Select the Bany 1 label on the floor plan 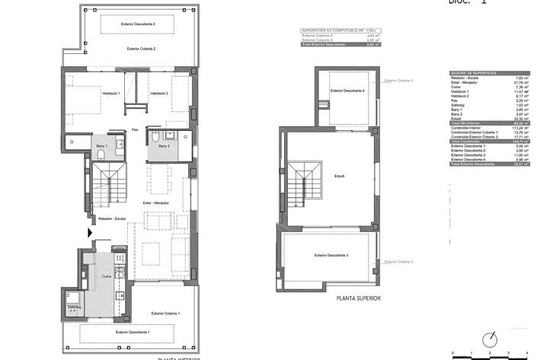click(x=101, y=145)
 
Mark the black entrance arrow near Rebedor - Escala click(x=90, y=231)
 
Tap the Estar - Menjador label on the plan click(x=155, y=203)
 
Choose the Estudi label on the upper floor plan click(x=340, y=177)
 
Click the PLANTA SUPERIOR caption click(x=358, y=299)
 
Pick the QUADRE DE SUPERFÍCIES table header click(x=474, y=72)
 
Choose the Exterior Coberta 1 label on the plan click(x=165, y=314)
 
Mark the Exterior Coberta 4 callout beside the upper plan click(x=398, y=80)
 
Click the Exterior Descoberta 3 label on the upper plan click(x=331, y=255)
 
